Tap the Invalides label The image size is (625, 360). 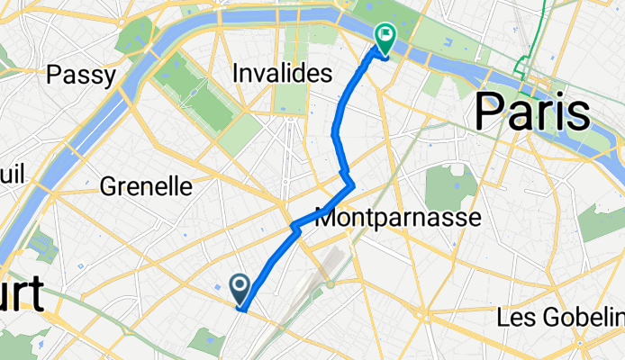[x=283, y=73]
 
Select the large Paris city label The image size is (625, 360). [x=532, y=113]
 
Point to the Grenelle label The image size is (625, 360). [x=147, y=186]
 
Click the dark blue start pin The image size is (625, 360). [x=241, y=288]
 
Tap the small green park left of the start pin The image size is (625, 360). [x=208, y=340]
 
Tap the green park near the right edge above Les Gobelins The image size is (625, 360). [x=600, y=221]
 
